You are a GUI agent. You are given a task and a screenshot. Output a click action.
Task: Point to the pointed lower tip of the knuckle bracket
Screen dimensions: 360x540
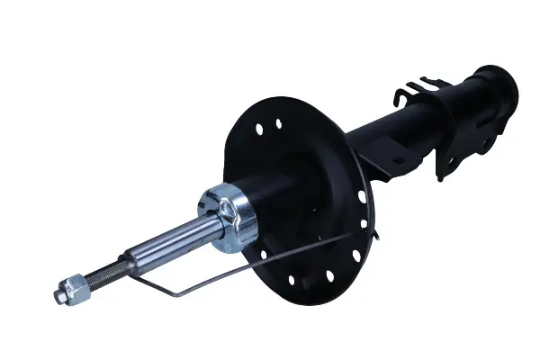pos(440,178)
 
